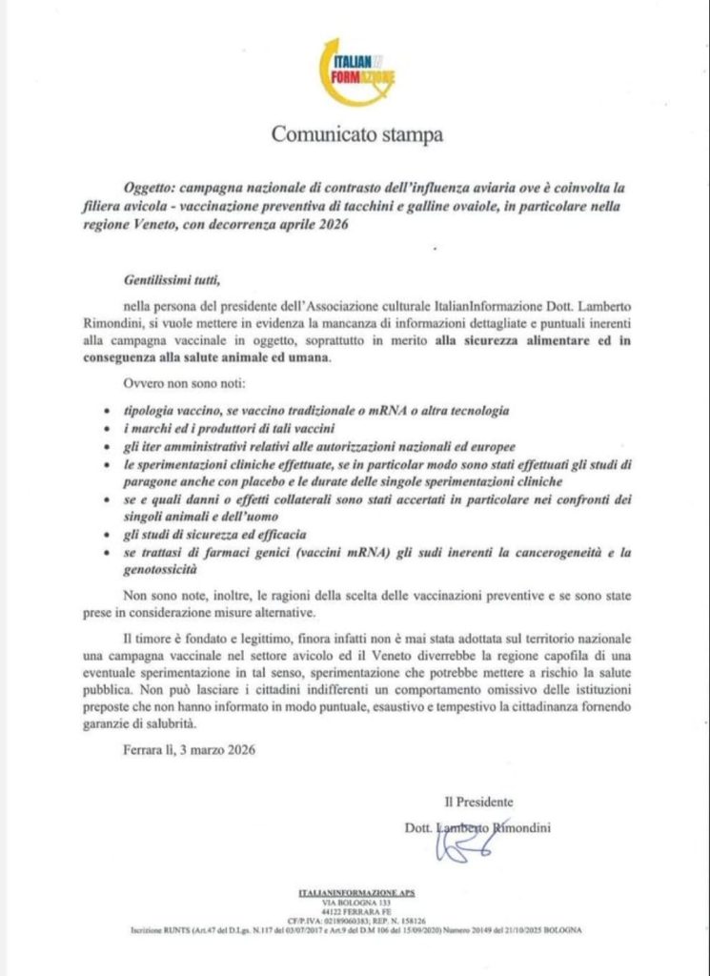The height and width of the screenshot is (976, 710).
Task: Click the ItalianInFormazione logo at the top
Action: [356, 71]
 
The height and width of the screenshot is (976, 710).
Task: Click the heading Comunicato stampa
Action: [356, 134]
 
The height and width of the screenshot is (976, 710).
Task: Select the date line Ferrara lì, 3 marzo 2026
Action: [189, 749]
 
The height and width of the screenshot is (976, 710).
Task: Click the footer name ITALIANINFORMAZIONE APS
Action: [355, 893]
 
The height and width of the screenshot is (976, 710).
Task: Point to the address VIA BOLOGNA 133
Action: [355, 903]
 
